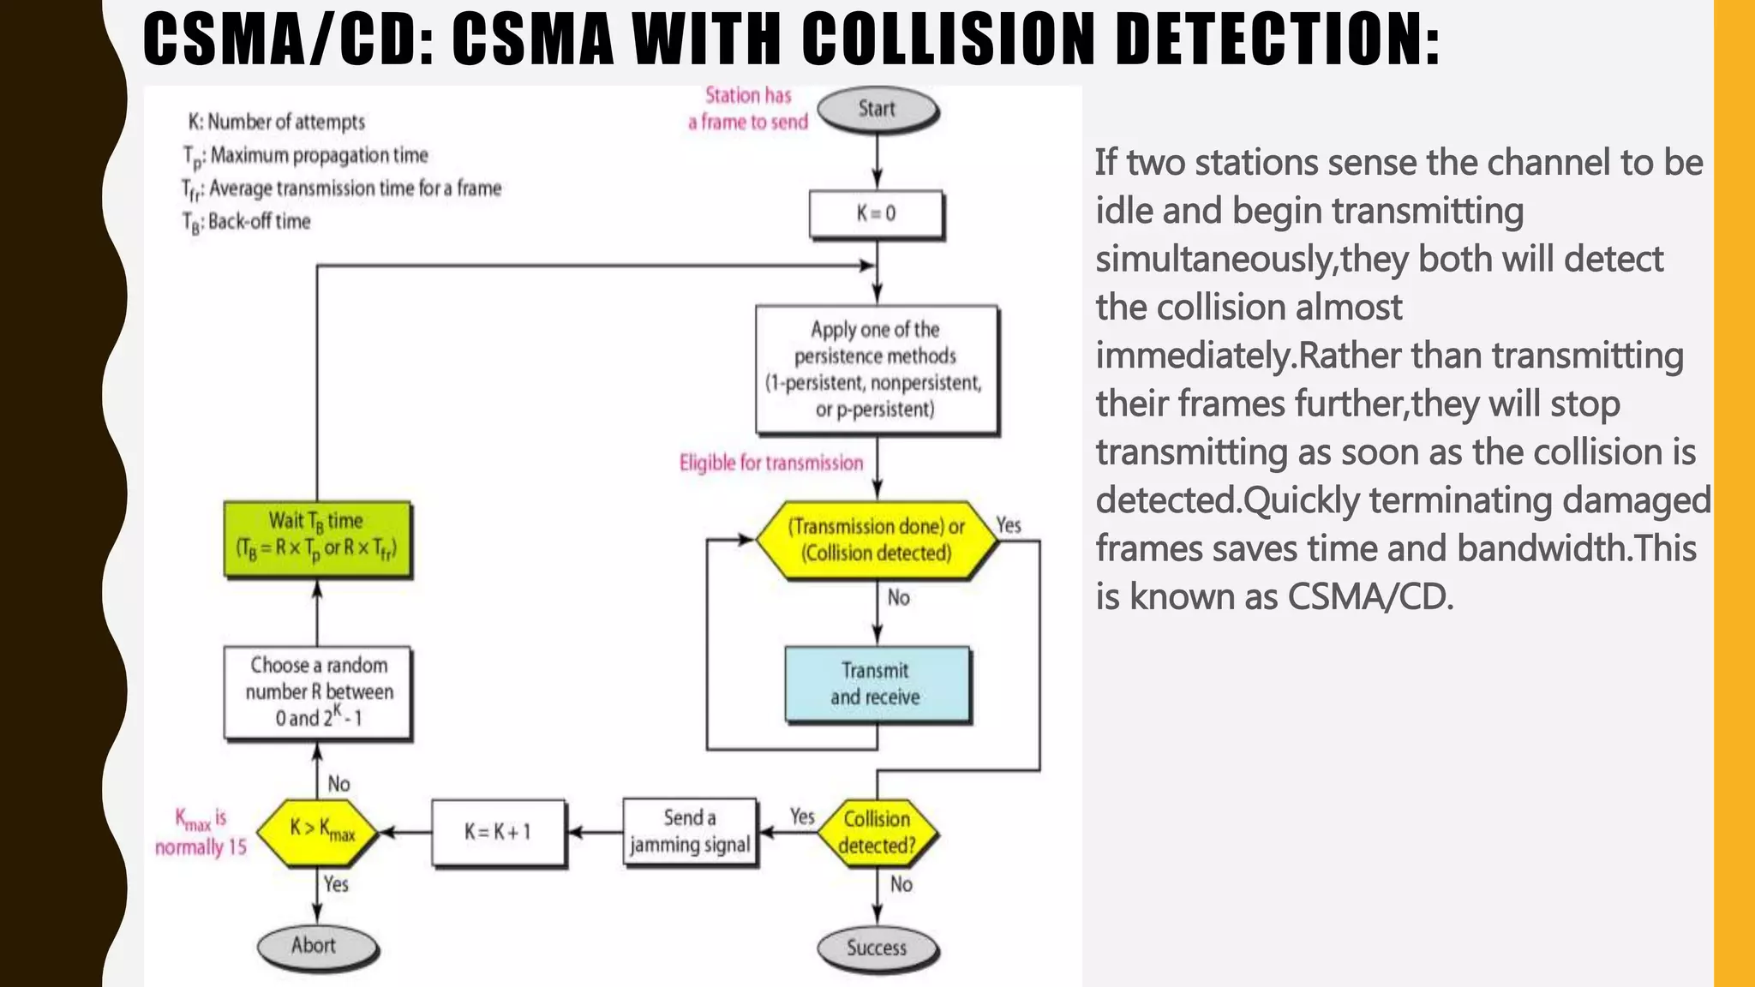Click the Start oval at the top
point(877,110)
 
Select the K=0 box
point(876,213)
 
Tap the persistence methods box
point(876,369)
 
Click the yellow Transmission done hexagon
point(876,540)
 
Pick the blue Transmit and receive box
point(876,684)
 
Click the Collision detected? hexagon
point(877,832)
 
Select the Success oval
point(877,948)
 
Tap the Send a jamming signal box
point(690,832)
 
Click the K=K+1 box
point(498,832)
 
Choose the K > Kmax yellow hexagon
point(318,829)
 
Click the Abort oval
point(314,946)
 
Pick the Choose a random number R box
point(318,691)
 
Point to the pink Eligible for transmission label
point(771,464)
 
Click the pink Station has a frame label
point(748,109)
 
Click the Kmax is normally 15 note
point(201,832)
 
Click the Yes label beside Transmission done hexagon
point(1009,525)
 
